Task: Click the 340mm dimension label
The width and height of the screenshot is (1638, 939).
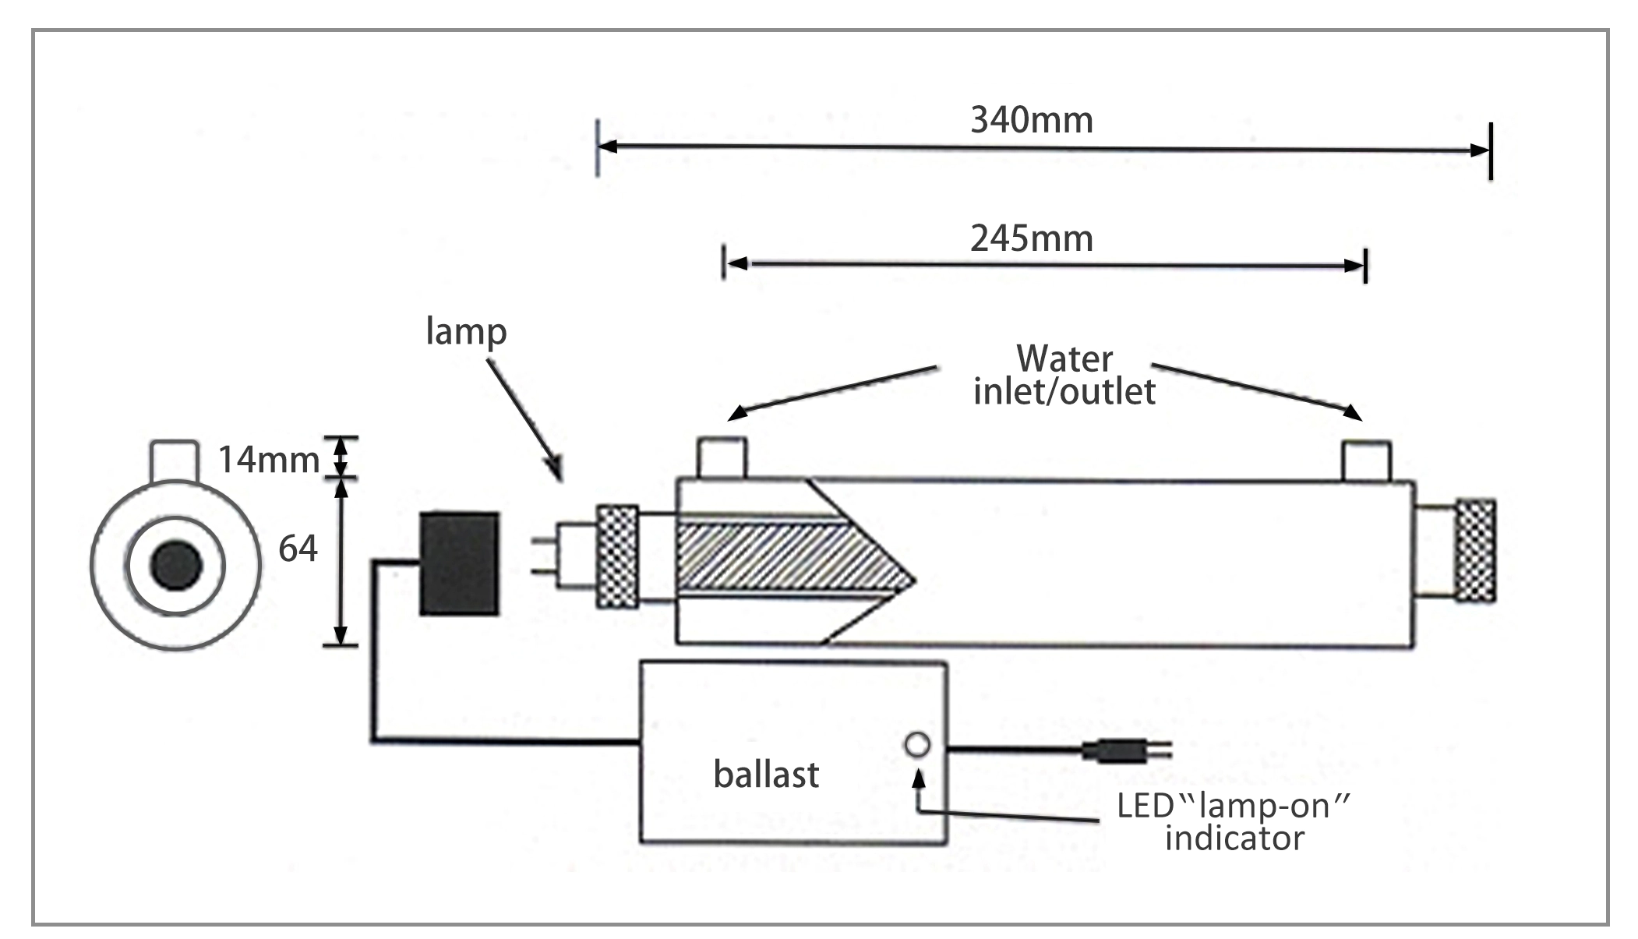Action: click(x=1031, y=121)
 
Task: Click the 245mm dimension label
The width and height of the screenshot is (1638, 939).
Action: click(x=1031, y=238)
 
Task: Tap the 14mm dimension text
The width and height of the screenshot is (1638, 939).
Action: click(x=268, y=460)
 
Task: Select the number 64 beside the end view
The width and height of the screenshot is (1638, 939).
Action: click(x=298, y=549)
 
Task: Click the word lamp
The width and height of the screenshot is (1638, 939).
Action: click(x=466, y=332)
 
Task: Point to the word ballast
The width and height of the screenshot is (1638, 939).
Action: click(x=766, y=775)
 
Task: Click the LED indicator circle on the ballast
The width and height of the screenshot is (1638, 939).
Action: click(x=917, y=745)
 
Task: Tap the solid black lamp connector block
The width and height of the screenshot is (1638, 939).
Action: click(x=459, y=563)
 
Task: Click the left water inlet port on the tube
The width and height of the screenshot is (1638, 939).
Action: click(x=721, y=458)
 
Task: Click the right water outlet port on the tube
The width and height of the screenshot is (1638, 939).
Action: click(x=1366, y=460)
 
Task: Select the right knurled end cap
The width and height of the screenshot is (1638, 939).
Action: click(x=1475, y=550)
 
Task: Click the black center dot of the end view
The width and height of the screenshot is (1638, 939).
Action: click(x=176, y=565)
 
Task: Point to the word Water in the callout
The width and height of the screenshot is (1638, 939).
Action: click(x=1064, y=359)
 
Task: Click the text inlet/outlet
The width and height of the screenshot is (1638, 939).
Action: click(x=1064, y=391)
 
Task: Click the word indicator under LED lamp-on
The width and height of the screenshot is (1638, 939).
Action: click(x=1234, y=838)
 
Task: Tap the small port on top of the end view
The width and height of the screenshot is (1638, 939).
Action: click(x=173, y=461)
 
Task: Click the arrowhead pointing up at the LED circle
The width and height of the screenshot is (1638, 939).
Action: click(x=920, y=777)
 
